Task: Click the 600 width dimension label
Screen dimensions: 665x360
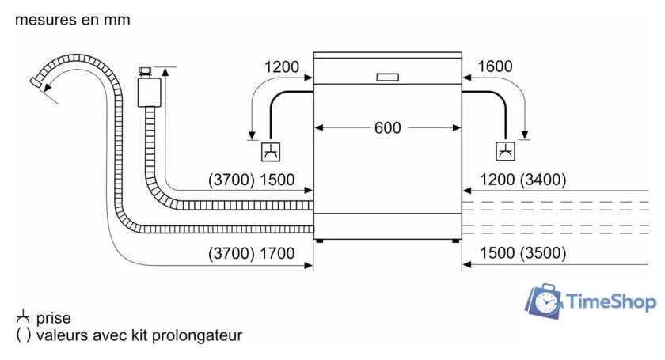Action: pos(387,127)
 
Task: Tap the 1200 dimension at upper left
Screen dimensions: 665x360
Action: pos(282,66)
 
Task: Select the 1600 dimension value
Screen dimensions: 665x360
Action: pos(495,66)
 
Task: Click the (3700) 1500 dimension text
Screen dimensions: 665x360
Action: pos(252,180)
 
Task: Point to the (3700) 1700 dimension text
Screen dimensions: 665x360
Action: pos(252,253)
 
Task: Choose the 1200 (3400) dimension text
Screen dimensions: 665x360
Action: pos(523,180)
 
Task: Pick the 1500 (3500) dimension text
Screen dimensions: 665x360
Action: pos(523,253)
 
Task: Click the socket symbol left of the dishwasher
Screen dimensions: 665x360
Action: pos(271,151)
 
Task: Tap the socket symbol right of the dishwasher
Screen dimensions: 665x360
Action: pos(506,151)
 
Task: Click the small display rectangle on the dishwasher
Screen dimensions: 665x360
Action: pos(388,78)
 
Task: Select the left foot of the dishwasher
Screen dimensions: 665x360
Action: pos(319,241)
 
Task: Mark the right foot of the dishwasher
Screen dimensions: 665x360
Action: pos(455,241)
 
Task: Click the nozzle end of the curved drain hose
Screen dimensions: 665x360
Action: pos(36,82)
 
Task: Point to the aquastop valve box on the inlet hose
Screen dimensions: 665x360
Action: pos(150,93)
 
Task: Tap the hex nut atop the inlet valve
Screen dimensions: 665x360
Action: pos(146,70)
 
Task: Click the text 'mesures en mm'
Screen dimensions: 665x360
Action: pos(73,20)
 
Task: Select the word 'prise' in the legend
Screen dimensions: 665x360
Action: pos(54,318)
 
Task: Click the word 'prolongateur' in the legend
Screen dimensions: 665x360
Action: pos(197,335)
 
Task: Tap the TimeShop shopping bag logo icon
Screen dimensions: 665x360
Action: pos(545,301)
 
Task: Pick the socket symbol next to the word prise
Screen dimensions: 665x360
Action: pos(23,316)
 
